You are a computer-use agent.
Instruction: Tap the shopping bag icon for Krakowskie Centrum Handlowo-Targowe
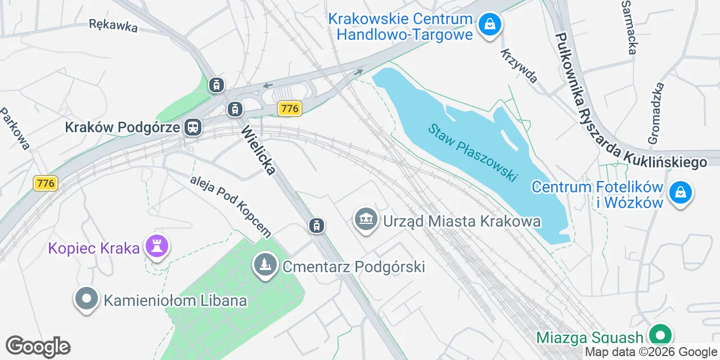coord(490,25)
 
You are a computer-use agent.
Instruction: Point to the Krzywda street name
coord(519,65)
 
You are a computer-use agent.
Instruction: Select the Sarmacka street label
coord(628,27)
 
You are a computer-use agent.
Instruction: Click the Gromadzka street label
coord(656,113)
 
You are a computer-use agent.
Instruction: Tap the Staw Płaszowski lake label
coord(472,152)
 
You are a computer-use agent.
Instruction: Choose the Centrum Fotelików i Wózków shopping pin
coord(681,192)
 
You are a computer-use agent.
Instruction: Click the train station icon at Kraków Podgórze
coord(193,127)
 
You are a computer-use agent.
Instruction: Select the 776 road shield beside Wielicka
coord(290,109)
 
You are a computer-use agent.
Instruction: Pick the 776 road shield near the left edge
coord(46,183)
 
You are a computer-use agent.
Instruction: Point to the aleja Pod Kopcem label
coord(231,205)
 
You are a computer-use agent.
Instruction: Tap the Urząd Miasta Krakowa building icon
coord(366,219)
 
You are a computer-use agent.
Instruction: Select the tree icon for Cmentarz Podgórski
coord(264,265)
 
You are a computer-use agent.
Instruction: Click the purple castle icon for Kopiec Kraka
coord(157,246)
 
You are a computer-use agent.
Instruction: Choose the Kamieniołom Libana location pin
coord(87,299)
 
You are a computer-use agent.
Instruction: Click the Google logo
coord(38,346)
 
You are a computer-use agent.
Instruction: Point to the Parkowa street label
coord(15,129)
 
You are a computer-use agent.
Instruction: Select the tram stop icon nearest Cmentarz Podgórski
coord(317,226)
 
